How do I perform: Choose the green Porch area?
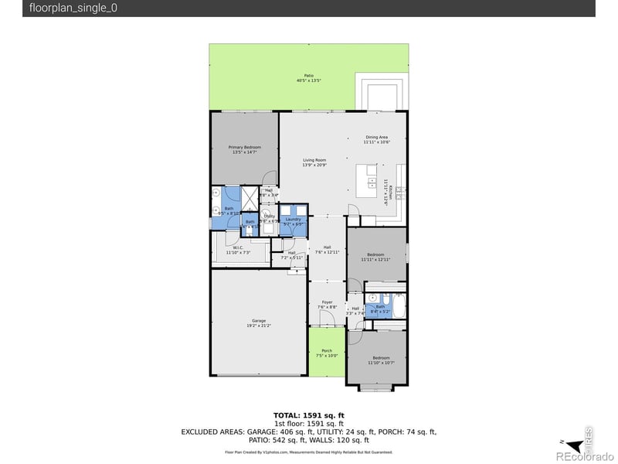327,352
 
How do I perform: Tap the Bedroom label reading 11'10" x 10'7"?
382,359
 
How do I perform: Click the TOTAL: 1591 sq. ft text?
308,415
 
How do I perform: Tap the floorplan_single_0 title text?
74,9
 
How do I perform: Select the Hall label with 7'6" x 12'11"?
327,248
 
